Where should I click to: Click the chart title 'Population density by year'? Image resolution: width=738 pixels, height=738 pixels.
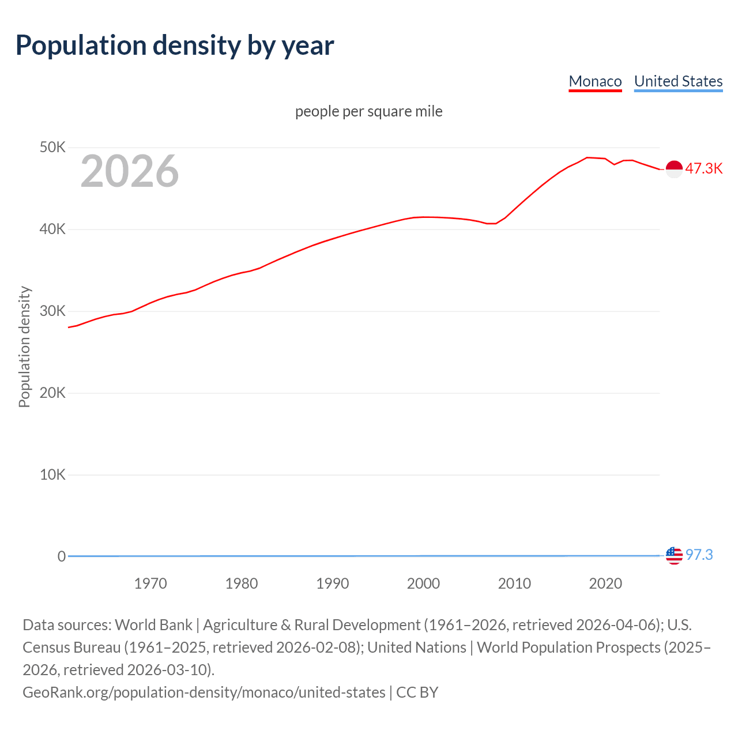[x=175, y=46]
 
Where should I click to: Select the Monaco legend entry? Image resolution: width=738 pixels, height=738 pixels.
[x=595, y=81]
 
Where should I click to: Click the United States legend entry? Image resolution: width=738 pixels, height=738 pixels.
[x=678, y=81]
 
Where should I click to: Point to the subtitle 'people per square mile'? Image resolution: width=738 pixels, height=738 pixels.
[x=368, y=111]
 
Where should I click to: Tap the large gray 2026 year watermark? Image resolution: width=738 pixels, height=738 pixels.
[x=130, y=171]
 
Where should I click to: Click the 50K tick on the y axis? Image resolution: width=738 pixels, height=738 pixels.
[x=52, y=148]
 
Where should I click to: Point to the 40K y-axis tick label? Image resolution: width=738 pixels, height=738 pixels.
[x=52, y=229]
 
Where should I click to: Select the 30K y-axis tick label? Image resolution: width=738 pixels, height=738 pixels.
[x=52, y=311]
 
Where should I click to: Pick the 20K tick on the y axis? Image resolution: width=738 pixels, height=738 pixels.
[x=52, y=393]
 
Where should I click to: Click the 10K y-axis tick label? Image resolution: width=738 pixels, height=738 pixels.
[x=52, y=475]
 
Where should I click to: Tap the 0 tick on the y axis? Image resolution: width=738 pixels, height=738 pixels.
[x=61, y=556]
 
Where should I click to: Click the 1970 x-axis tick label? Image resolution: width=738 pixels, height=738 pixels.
[x=150, y=583]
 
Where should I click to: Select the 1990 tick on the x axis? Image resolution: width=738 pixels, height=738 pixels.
[x=333, y=583]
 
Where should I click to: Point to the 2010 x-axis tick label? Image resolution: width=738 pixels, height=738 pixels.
[x=514, y=583]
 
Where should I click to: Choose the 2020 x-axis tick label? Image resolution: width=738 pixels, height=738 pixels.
[x=605, y=583]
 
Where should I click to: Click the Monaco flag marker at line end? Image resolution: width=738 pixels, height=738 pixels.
[x=674, y=169]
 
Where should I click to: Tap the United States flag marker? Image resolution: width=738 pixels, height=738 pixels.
[x=674, y=556]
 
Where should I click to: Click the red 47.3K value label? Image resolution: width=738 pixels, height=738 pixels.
[x=704, y=169]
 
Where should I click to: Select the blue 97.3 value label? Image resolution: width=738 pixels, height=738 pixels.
[x=699, y=555]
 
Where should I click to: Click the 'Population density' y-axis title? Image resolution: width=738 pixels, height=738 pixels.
[x=24, y=347]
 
